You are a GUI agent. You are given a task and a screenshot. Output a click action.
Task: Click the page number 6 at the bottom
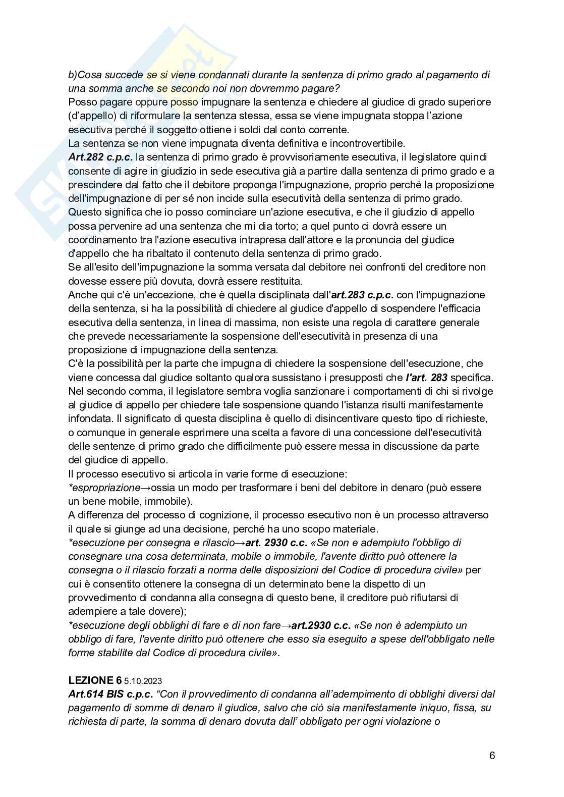pyautogui.click(x=492, y=756)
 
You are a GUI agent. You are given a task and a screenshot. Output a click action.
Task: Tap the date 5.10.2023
pyautogui.click(x=143, y=681)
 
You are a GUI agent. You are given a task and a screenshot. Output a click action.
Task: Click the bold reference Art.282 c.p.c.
pyautogui.click(x=100, y=157)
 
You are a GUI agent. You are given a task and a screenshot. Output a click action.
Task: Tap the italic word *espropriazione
pyautogui.click(x=104, y=488)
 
